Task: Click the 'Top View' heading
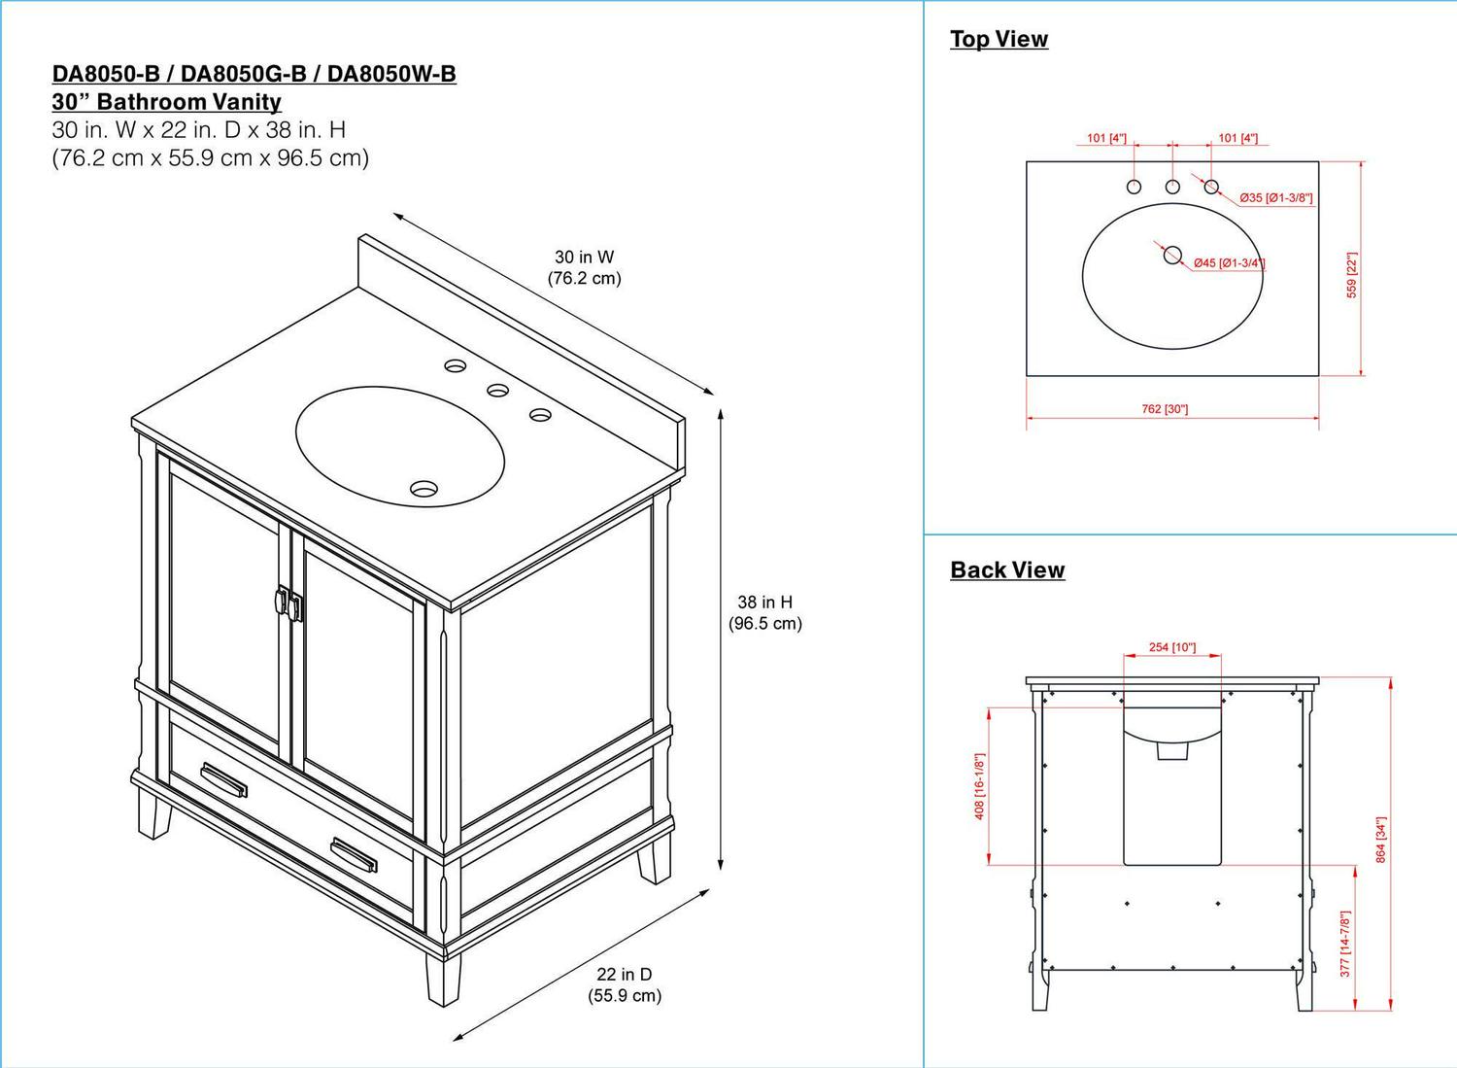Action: (999, 39)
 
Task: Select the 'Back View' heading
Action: (1007, 569)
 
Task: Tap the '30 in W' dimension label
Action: (584, 258)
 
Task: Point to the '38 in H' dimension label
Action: (765, 603)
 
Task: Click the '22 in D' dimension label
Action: (625, 975)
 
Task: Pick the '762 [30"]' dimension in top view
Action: (1165, 409)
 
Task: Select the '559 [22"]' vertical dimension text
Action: (1352, 275)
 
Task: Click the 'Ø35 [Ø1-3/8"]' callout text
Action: (1275, 198)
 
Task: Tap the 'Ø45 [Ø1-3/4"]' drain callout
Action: (1229, 263)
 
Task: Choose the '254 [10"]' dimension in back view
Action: (1172, 647)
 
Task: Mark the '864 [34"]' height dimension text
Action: (1380, 840)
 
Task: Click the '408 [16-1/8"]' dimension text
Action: (979, 786)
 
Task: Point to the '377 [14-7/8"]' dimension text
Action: (1345, 944)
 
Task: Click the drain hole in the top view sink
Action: (1172, 256)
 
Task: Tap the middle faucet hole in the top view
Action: (1172, 186)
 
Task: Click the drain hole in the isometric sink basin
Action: (424, 489)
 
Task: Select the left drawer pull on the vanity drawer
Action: (223, 778)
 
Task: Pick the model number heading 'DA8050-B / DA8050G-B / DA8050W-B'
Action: (254, 74)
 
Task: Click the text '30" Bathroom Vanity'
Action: (166, 102)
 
